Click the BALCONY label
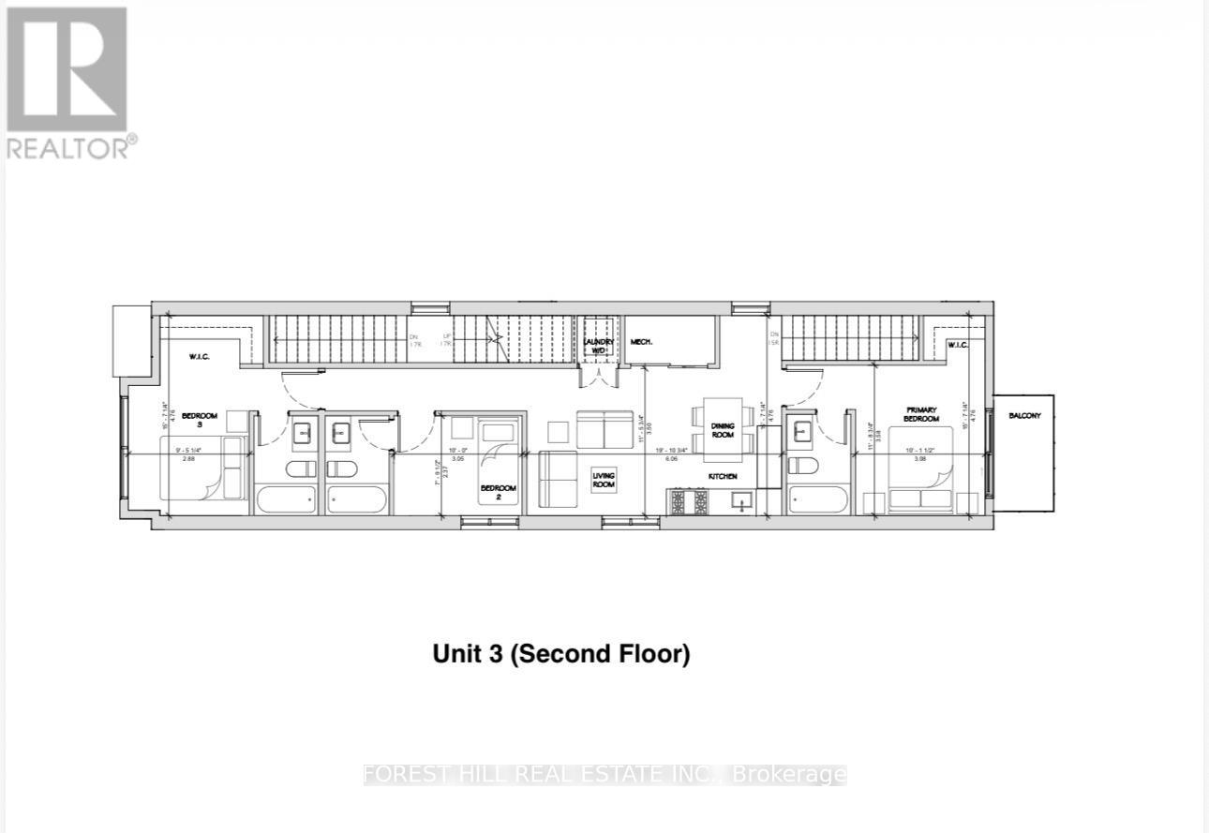tap(1024, 415)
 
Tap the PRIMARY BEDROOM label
tap(921, 414)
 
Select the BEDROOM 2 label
tap(498, 492)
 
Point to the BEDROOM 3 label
tap(200, 420)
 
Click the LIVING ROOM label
tap(603, 481)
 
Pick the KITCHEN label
tap(722, 477)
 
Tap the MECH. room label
tap(641, 343)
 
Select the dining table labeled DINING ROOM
tap(723, 430)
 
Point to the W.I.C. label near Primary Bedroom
tap(957, 345)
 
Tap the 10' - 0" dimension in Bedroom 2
tap(458, 450)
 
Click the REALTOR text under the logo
tap(67, 147)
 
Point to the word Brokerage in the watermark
tap(789, 775)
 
